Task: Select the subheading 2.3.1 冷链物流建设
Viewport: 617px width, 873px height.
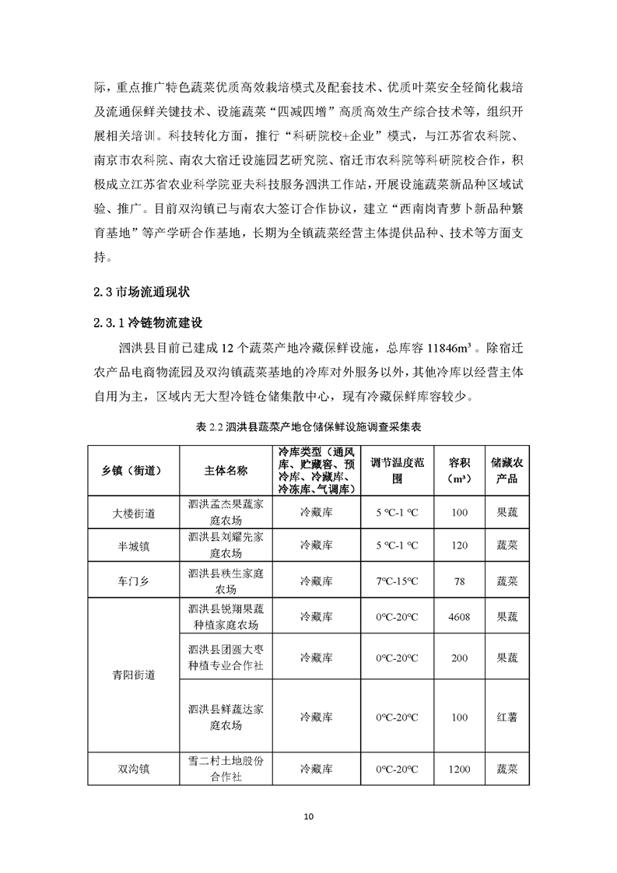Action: tap(146, 322)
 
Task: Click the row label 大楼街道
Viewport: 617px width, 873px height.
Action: tap(133, 513)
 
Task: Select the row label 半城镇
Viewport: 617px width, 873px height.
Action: tap(133, 546)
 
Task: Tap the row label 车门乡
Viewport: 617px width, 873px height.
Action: tap(133, 580)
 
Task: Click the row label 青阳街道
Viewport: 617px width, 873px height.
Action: tap(133, 675)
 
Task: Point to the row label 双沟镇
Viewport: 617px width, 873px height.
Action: tap(133, 769)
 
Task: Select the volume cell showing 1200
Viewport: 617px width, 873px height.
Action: tap(459, 769)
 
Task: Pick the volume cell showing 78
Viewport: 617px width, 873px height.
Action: tap(459, 580)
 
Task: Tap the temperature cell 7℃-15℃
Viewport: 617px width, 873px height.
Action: tap(397, 580)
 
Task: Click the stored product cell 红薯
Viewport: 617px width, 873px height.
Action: tap(507, 716)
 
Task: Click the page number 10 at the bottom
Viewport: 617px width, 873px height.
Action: tap(308, 816)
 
